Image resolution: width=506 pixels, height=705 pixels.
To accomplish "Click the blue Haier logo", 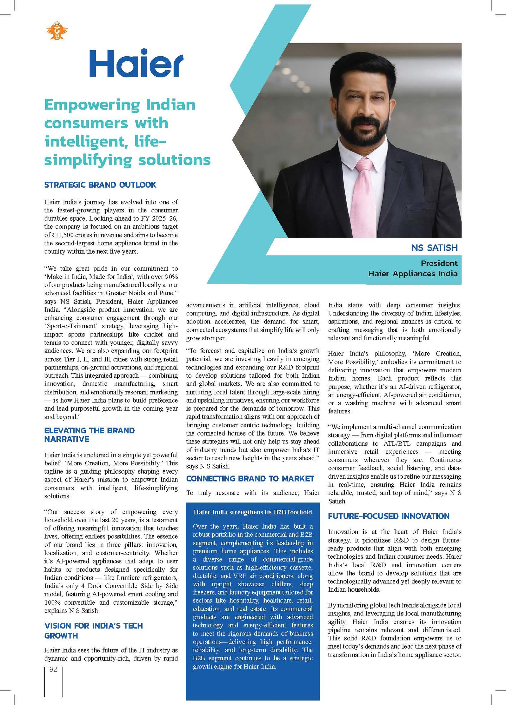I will click(x=136, y=63).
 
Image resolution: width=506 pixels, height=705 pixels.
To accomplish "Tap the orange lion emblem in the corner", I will click(x=57, y=31).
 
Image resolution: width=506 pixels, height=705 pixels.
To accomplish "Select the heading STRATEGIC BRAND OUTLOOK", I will click(x=100, y=185).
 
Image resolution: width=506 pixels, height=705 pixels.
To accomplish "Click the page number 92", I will click(x=53, y=669).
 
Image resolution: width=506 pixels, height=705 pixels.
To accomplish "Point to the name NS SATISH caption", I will click(x=434, y=248).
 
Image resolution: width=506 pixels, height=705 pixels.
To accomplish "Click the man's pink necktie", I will click(x=365, y=196).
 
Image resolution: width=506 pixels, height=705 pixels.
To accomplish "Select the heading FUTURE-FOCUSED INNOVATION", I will click(x=388, y=516).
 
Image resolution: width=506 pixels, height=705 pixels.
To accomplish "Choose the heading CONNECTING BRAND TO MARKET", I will click(x=250, y=478).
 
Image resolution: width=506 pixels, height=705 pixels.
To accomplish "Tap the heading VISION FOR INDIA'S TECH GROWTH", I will click(x=93, y=631).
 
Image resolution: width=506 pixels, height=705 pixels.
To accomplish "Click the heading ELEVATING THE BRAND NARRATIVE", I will click(x=89, y=435).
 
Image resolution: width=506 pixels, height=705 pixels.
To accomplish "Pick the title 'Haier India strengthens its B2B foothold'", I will click(x=253, y=512).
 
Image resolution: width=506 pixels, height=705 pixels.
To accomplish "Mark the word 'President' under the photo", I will click(x=439, y=263).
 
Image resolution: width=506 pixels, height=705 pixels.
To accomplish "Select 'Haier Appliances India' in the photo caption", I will click(x=413, y=274).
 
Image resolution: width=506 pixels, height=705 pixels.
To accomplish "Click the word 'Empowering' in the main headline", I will click(x=92, y=105).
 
